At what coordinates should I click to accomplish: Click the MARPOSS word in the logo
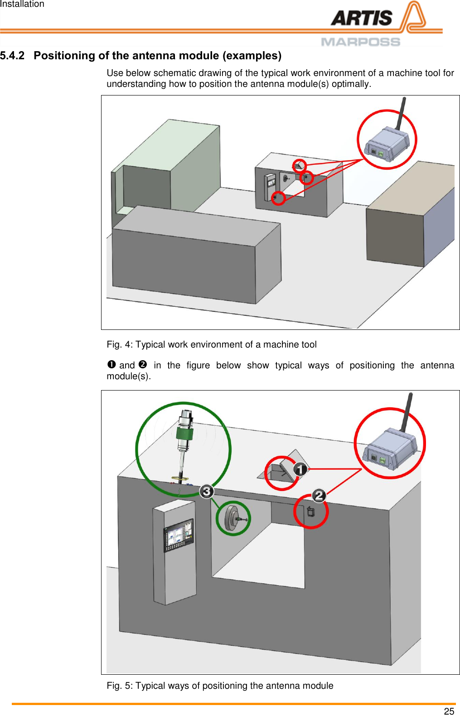pos(360,42)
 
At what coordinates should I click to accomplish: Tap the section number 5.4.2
pos(12,56)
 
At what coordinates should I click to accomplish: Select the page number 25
pos(449,711)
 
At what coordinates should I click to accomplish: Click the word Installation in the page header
pos(22,4)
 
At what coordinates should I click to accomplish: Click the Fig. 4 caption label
pos(120,344)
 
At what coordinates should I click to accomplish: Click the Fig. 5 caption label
pos(120,686)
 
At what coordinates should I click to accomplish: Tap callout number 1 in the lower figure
pos(300,469)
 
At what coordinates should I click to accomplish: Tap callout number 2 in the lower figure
pos(319,496)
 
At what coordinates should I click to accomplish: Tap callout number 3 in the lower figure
pos(207,491)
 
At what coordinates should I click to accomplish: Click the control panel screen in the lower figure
pos(179,535)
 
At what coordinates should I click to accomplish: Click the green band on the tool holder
pos(184,434)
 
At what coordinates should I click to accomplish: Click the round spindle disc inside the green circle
pos(232,518)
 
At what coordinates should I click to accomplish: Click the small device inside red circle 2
pos(310,512)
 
